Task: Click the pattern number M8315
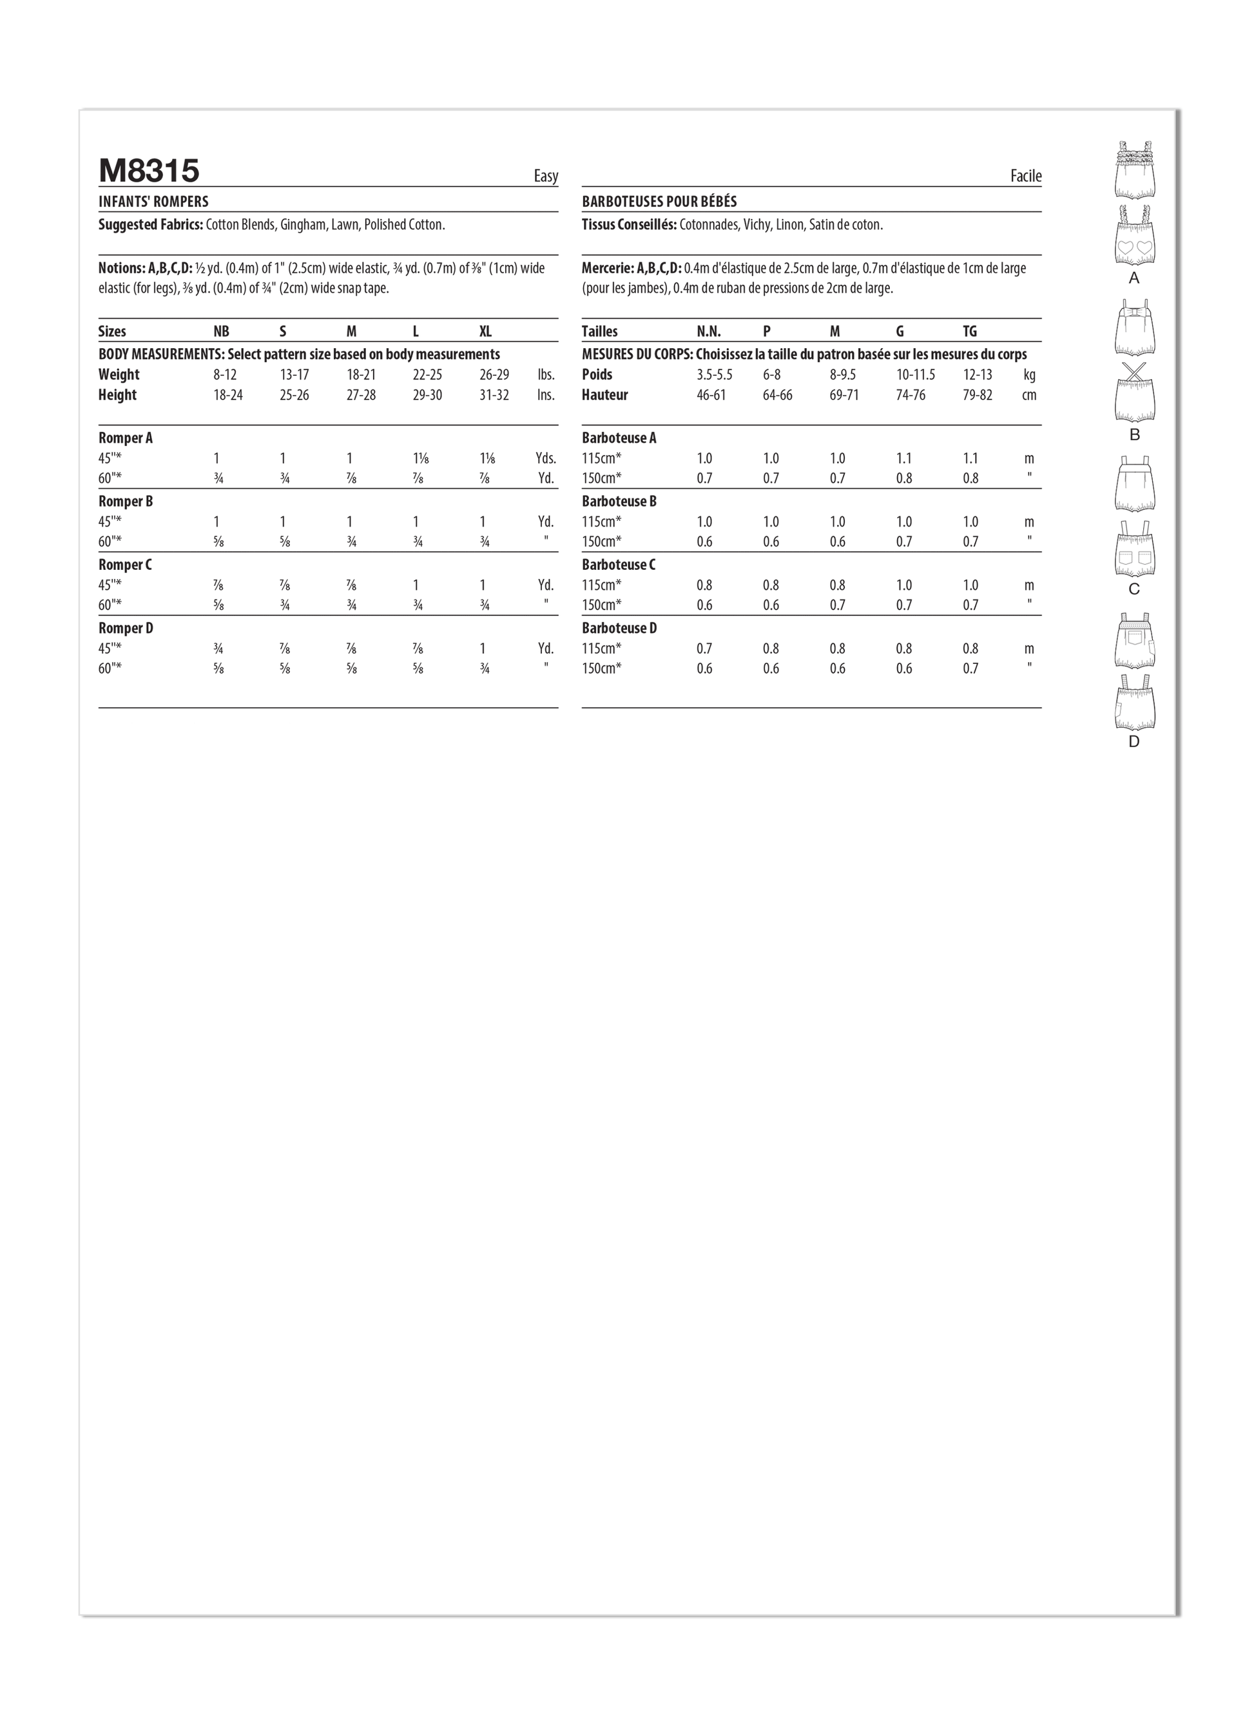tap(149, 171)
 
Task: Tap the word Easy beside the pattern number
tap(545, 177)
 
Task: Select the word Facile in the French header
tap(1025, 177)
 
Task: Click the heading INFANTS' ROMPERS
tap(153, 202)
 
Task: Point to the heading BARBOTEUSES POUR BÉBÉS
tap(659, 202)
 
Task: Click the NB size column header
tap(221, 331)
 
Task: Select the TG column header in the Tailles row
tap(970, 331)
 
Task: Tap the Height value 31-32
tap(494, 396)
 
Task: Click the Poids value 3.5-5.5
tap(714, 375)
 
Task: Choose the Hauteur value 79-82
tap(976, 396)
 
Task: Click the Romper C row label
tap(125, 565)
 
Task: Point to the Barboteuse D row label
tap(619, 629)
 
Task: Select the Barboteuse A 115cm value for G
tap(903, 458)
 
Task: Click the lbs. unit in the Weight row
tap(545, 375)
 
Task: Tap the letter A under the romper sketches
tap(1134, 279)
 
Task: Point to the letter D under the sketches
tap(1134, 741)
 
